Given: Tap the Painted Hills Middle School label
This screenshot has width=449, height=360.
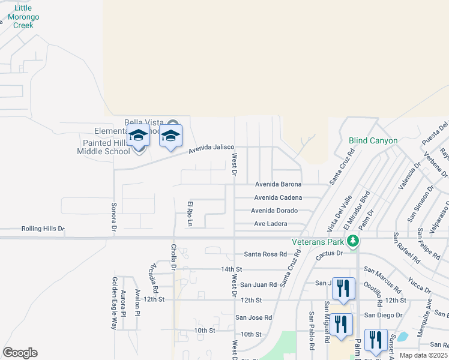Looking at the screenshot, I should [x=103, y=147].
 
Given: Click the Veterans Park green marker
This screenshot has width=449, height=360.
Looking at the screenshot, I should [x=354, y=241].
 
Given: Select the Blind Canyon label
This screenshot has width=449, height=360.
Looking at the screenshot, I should [x=373, y=140].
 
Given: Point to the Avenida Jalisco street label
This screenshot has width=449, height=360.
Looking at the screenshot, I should [x=211, y=148].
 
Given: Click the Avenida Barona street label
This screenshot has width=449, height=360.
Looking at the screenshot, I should [x=278, y=184].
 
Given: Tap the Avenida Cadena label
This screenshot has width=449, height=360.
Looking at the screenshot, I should [x=278, y=197].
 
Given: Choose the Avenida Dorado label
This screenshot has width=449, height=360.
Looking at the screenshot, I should [x=274, y=211].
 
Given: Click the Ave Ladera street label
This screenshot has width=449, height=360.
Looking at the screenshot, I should [x=271, y=224].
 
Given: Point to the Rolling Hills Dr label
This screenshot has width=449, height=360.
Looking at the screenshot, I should [x=43, y=229].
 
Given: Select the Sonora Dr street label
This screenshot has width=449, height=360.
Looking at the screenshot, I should [x=113, y=217].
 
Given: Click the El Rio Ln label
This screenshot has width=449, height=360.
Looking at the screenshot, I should [x=189, y=214].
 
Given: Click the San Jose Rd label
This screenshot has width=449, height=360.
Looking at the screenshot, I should [x=253, y=317].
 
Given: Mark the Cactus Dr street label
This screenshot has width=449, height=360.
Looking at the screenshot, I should [x=331, y=253].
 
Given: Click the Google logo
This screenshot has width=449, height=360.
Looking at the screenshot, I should [x=20, y=353].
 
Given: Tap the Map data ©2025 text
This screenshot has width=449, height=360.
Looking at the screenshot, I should [x=423, y=355].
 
